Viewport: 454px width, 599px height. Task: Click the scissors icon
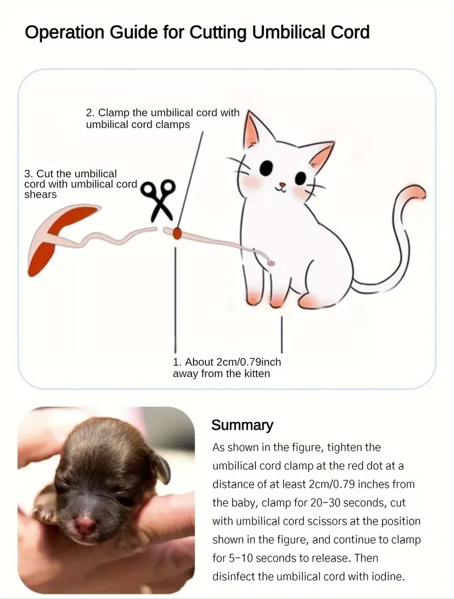tap(158, 200)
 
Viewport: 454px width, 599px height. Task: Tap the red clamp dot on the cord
tap(177, 233)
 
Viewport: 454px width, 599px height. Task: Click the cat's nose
tap(281, 185)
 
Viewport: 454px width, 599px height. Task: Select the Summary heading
tap(242, 425)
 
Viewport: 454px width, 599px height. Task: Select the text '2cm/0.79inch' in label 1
tap(249, 362)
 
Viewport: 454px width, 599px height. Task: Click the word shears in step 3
tap(40, 194)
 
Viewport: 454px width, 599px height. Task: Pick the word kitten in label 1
tap(254, 373)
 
